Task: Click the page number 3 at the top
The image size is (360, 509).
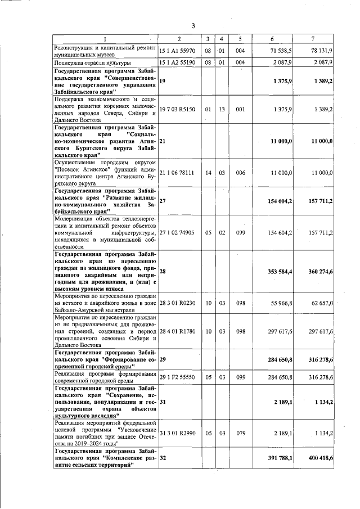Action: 193,25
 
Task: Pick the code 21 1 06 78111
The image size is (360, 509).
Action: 177,174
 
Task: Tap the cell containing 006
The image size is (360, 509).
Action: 240,174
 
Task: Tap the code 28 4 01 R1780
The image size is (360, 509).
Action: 177,331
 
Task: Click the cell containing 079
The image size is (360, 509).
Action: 240,433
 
